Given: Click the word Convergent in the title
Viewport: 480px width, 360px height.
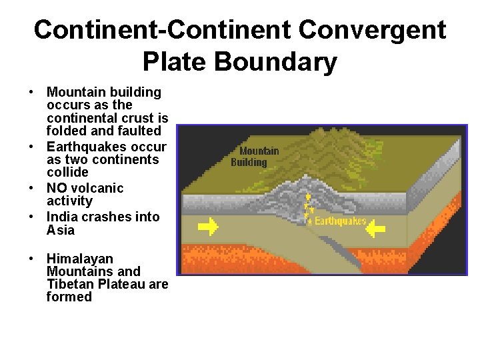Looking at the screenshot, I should pyautogui.click(x=373, y=30).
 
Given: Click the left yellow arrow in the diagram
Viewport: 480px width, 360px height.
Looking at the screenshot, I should pyautogui.click(x=209, y=227).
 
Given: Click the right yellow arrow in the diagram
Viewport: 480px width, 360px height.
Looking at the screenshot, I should pyautogui.click(x=376, y=229).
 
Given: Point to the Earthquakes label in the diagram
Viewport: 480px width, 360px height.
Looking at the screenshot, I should pyautogui.click(x=340, y=221).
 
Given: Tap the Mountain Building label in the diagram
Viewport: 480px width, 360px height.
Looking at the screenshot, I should pyautogui.click(x=255, y=157).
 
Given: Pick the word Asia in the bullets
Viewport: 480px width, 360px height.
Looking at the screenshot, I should pyautogui.click(x=61, y=230).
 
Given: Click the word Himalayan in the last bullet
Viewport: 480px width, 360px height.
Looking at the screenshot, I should pyautogui.click(x=79, y=259).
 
